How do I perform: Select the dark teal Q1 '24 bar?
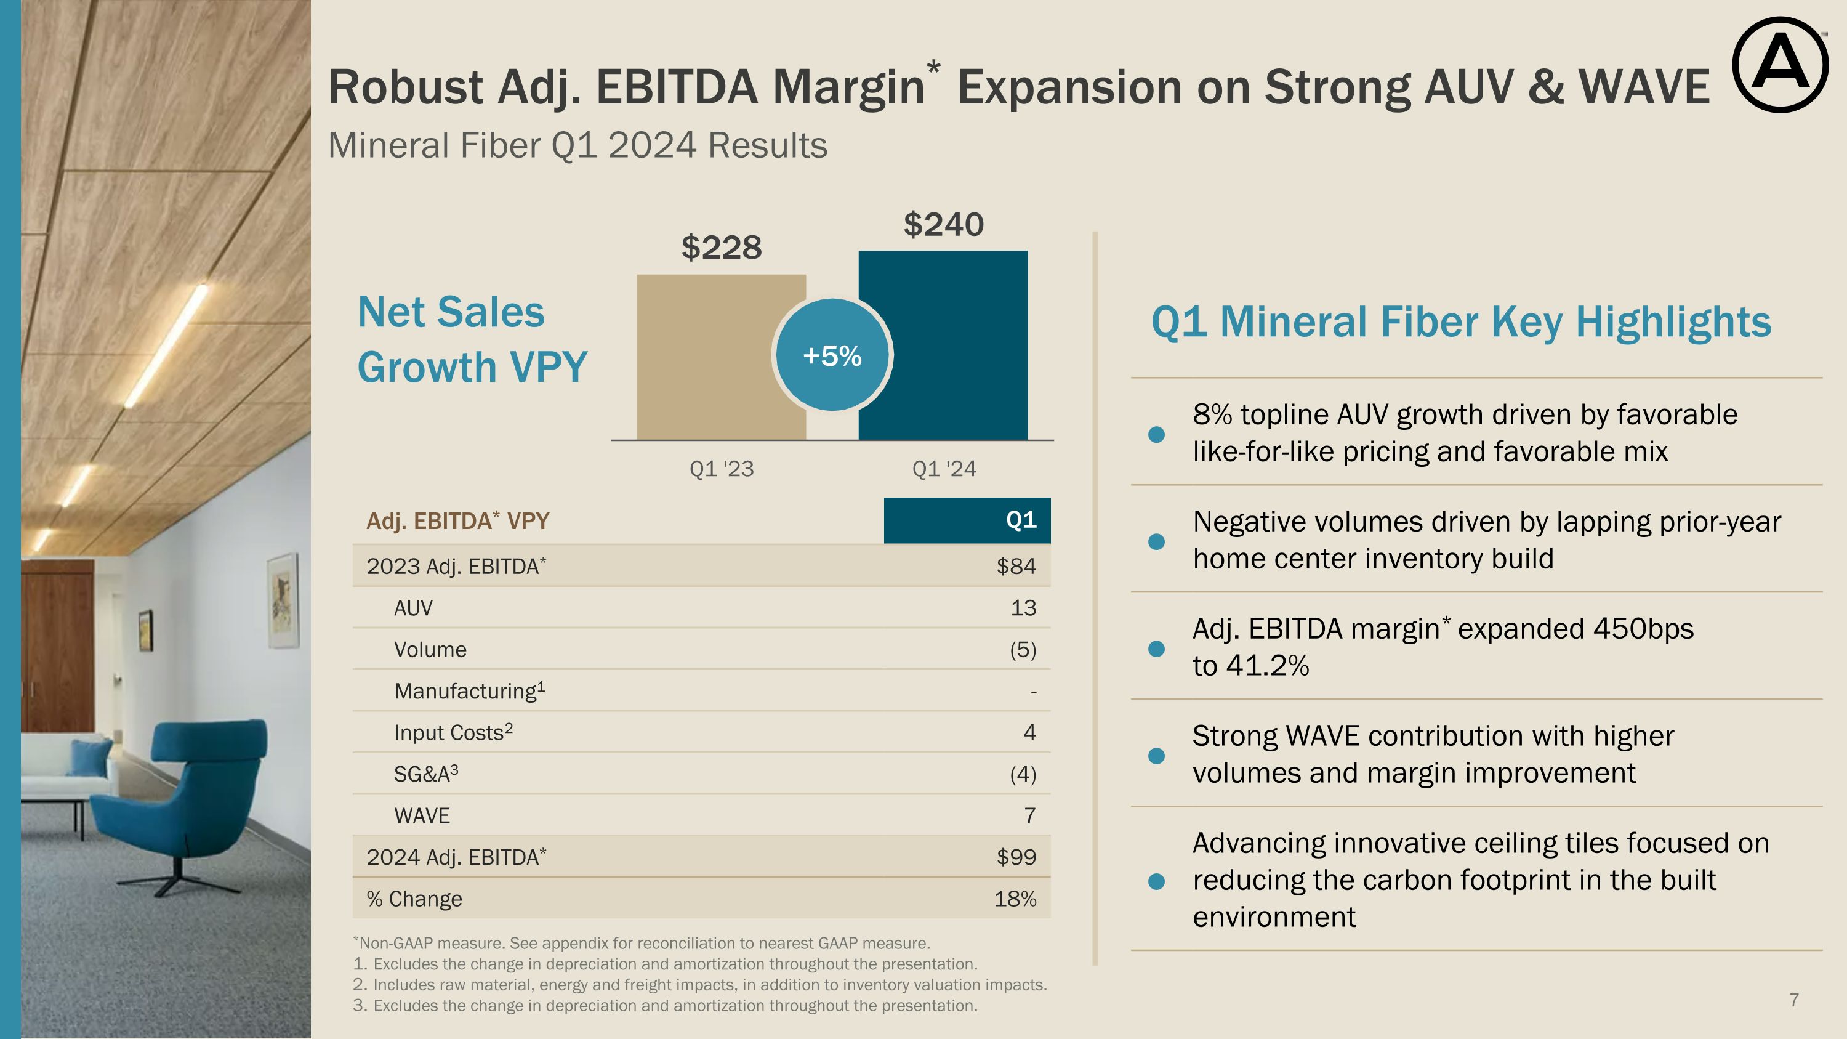click(x=954, y=344)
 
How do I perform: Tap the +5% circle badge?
click(x=832, y=355)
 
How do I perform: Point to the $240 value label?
click(x=944, y=224)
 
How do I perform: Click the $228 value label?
click(x=722, y=248)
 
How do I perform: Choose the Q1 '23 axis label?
click(x=722, y=469)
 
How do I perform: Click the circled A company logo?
click(x=1780, y=65)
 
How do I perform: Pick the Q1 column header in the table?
click(x=1021, y=520)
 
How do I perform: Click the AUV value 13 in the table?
click(x=1023, y=608)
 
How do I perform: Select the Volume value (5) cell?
click(x=1023, y=650)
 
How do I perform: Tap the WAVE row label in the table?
click(x=422, y=816)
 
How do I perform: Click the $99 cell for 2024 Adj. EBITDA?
click(x=1016, y=857)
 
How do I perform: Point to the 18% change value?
click(x=1015, y=899)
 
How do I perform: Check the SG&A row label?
click(x=426, y=774)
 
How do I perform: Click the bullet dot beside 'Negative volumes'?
click(x=1156, y=541)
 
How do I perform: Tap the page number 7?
click(x=1794, y=1000)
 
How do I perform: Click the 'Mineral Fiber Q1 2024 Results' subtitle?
click(x=577, y=145)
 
